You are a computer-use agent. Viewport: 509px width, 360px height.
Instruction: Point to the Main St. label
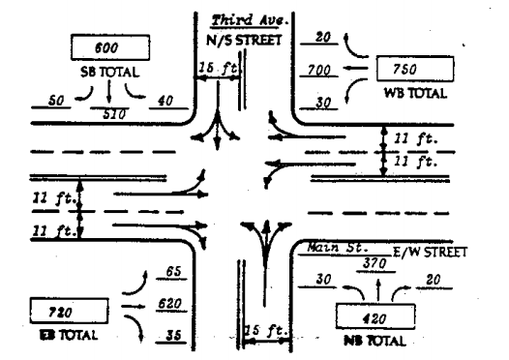[x=329, y=248]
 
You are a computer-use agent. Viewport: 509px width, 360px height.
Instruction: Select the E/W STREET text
[x=433, y=252]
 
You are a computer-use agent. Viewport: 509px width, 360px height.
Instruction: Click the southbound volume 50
[x=56, y=101]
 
